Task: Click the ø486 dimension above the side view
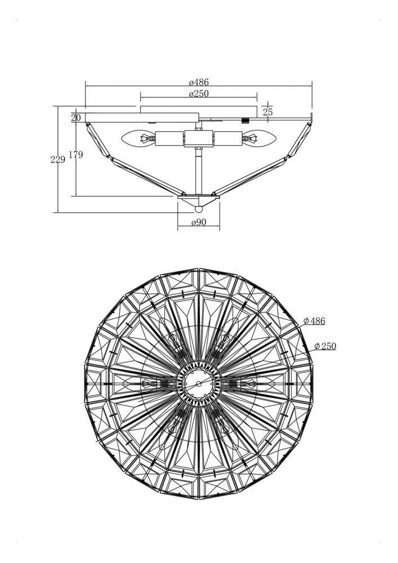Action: [x=199, y=82]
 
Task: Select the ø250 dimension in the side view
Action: [x=199, y=93]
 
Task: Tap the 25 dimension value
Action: [x=268, y=111]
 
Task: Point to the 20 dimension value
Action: [x=76, y=118]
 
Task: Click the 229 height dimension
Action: [x=58, y=159]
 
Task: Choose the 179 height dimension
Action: [x=76, y=155]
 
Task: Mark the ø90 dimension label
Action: [x=199, y=222]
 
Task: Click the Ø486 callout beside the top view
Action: [x=314, y=321]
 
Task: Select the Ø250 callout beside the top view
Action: [x=325, y=346]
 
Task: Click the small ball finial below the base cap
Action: [x=199, y=209]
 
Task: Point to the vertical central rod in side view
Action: [x=199, y=171]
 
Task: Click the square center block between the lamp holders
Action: [x=199, y=138]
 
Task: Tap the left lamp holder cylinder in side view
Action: [x=170, y=138]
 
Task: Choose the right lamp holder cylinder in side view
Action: [x=227, y=138]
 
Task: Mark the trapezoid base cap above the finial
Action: [x=199, y=200]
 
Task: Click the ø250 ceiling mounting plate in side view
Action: [x=199, y=110]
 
